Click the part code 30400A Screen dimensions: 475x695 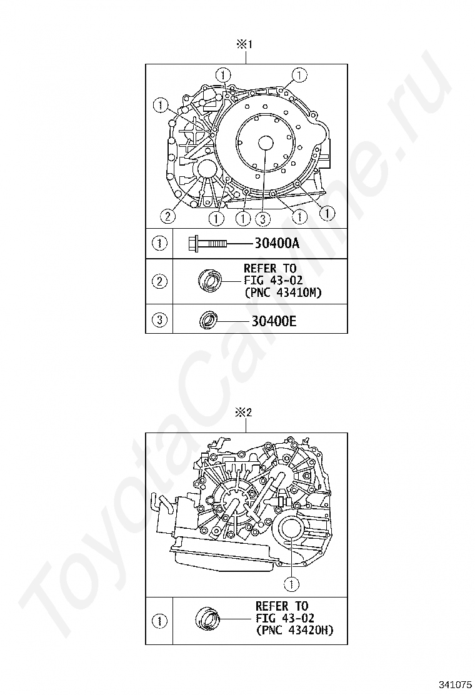click(x=277, y=243)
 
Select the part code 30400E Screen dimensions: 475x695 click(x=274, y=321)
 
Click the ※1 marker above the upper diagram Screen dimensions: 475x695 click(x=244, y=44)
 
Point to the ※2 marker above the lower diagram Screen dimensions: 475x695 click(x=244, y=412)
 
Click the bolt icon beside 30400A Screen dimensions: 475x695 click(x=207, y=243)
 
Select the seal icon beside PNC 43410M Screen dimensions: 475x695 click(x=209, y=281)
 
